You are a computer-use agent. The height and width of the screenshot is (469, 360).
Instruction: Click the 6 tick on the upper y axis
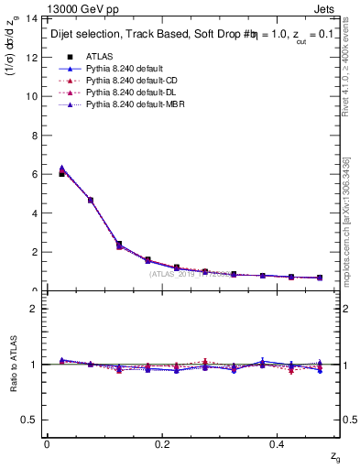[33, 174]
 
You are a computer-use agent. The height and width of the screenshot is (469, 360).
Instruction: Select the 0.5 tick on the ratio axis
[29, 420]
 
